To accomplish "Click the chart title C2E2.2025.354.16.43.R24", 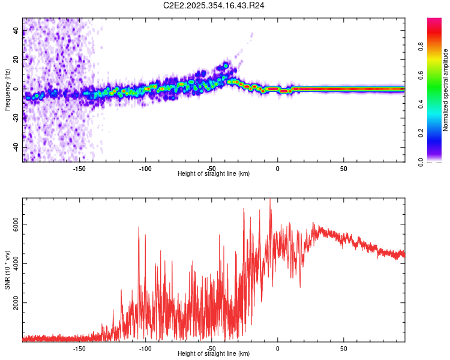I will point(214,5).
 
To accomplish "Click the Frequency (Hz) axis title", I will point(7,90).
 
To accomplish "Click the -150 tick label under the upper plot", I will point(79,169).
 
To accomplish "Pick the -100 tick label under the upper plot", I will point(145,169).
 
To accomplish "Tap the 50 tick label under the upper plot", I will point(343,169).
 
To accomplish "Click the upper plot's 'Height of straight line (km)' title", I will point(214,174).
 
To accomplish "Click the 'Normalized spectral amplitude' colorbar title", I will point(446,90).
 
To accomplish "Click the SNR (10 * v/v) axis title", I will point(7,270).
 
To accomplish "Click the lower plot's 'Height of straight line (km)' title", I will point(214,354).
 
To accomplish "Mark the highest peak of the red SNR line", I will point(270,200).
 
